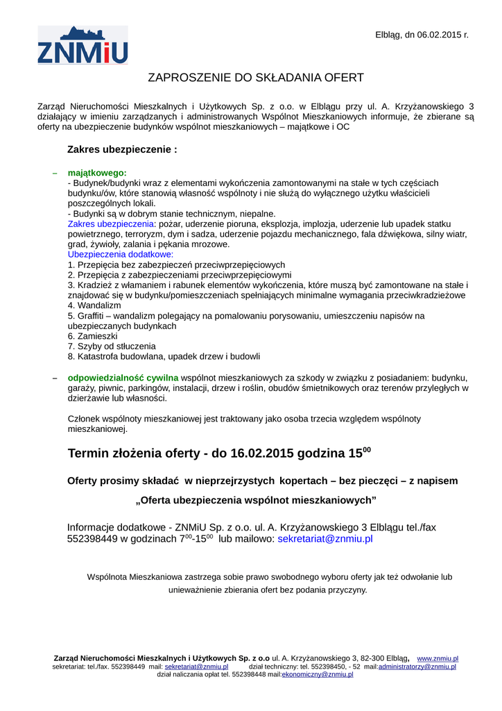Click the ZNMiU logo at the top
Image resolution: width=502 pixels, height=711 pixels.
pos(83,45)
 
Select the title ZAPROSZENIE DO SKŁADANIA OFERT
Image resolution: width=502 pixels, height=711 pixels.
pos(257,77)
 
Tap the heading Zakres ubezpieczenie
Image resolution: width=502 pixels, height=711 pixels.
pos(122,149)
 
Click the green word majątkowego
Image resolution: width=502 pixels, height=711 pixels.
pos(97,172)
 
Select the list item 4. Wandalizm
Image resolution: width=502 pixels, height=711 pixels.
pos(94,306)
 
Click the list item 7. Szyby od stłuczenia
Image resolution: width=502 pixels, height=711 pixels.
pos(112,346)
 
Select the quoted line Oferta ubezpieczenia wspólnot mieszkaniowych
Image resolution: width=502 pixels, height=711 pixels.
pos(256,500)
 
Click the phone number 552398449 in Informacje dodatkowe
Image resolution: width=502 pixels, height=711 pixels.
pos(93,538)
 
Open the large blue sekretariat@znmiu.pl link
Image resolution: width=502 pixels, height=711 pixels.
pos(325,538)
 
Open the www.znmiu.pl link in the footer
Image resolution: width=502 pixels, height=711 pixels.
pos(437,658)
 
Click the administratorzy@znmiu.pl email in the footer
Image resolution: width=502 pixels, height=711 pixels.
pos(417,667)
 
